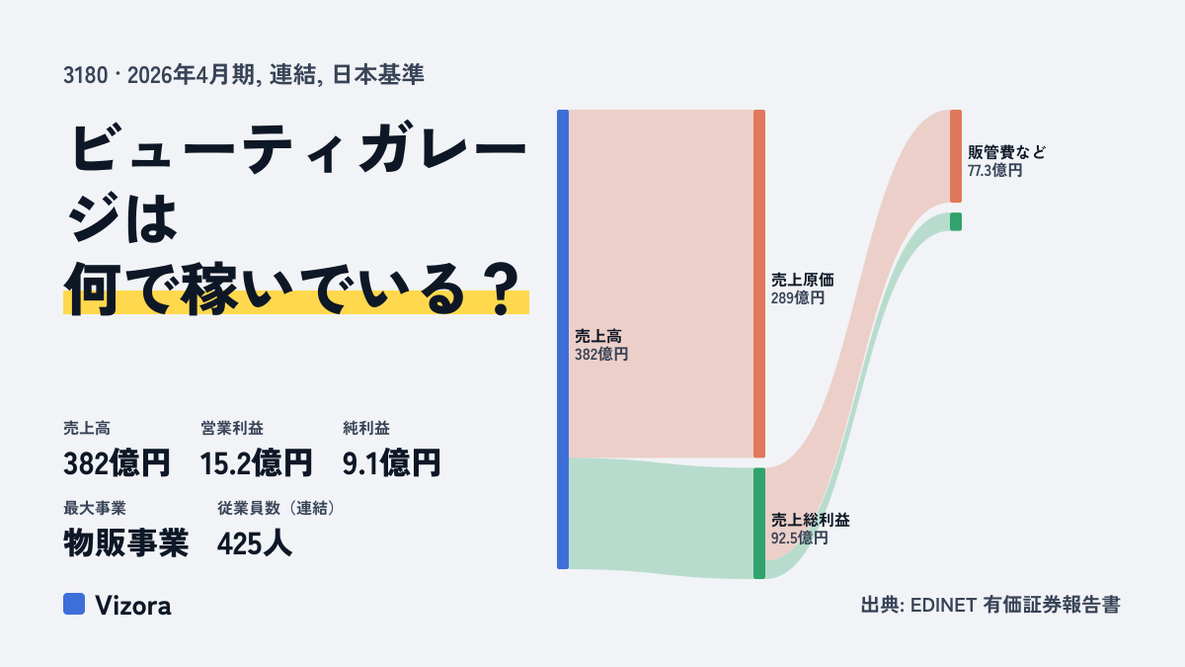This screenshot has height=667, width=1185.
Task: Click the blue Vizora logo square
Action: pyautogui.click(x=74, y=604)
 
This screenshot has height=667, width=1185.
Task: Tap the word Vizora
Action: pyautogui.click(x=133, y=606)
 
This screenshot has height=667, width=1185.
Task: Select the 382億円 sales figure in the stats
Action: pyautogui.click(x=117, y=463)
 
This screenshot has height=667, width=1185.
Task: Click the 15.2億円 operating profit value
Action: pyautogui.click(x=257, y=463)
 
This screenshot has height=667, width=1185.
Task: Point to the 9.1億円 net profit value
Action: pyautogui.click(x=391, y=463)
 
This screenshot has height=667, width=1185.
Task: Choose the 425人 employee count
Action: pyautogui.click(x=255, y=543)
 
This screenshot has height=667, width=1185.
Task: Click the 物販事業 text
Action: pyautogui.click(x=126, y=543)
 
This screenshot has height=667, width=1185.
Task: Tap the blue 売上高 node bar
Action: pyautogui.click(x=563, y=339)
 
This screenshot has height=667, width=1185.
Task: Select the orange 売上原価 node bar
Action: pyautogui.click(x=759, y=284)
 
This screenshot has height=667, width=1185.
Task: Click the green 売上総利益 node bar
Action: pyautogui.click(x=759, y=523)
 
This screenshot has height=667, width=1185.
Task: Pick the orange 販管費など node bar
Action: pyautogui.click(x=956, y=156)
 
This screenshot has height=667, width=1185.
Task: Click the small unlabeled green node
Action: pyautogui.click(x=956, y=221)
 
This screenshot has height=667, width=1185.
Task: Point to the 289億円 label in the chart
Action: pyautogui.click(x=798, y=298)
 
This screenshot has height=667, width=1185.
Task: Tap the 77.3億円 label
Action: pyautogui.click(x=995, y=170)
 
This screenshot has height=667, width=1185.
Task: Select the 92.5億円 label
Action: pyautogui.click(x=799, y=539)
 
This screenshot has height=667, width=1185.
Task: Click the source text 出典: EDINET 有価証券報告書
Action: pyautogui.click(x=990, y=605)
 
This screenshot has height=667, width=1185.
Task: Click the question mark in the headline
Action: pyautogui.click(x=502, y=291)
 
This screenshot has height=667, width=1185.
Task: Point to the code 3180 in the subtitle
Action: pyautogui.click(x=86, y=75)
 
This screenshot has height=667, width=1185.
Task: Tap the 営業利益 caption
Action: pyautogui.click(x=232, y=428)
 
